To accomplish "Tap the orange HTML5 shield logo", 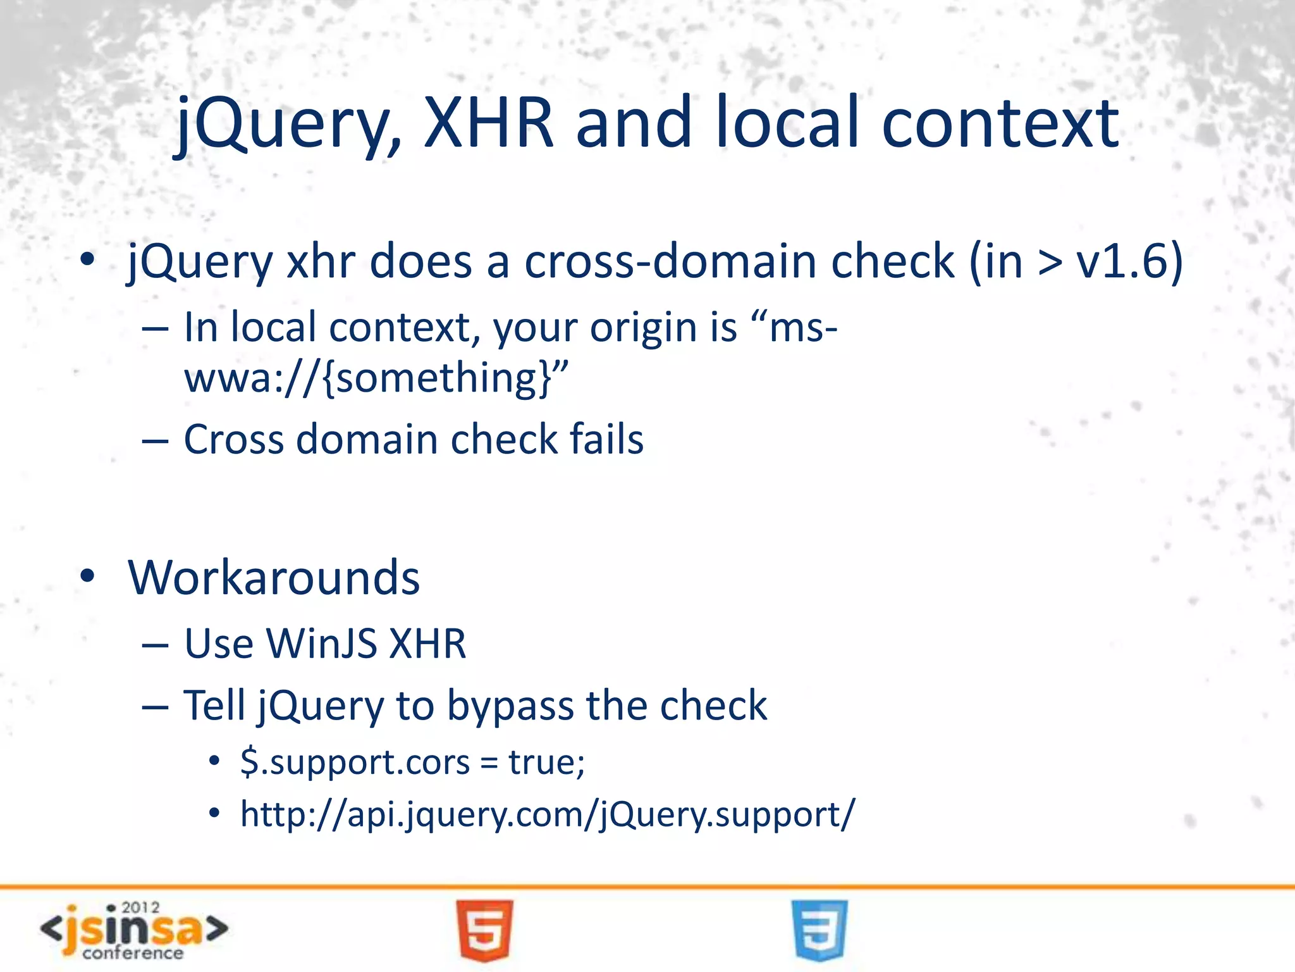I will coord(484,930).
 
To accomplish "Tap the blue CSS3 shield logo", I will coord(819,930).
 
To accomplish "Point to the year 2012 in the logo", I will coord(140,908).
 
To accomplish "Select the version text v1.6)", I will coord(1129,261).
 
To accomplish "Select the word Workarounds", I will coord(274,577).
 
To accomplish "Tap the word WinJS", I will coord(322,644).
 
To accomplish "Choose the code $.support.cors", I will coord(355,762).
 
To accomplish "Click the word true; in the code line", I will coord(547,762).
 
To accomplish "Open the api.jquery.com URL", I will coord(547,814).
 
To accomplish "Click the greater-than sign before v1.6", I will coord(1050,262).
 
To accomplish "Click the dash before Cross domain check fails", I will coord(155,440).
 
